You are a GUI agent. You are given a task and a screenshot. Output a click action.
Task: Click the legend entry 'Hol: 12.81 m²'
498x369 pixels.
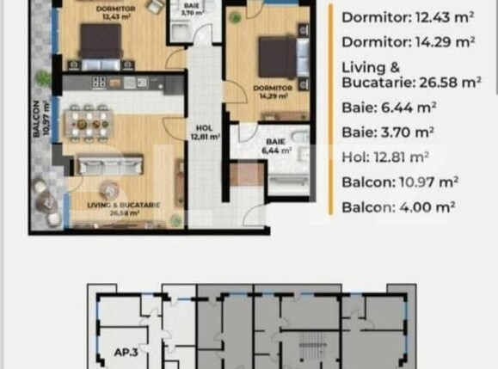click(385, 157)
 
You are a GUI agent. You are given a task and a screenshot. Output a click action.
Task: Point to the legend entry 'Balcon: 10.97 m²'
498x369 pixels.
click(399, 181)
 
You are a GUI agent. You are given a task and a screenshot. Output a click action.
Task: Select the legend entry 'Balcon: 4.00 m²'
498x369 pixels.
click(395, 206)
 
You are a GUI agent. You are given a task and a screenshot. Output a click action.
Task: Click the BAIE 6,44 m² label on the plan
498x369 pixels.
click(276, 145)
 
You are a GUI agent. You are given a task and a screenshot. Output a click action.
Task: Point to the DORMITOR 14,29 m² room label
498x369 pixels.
click(273, 91)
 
